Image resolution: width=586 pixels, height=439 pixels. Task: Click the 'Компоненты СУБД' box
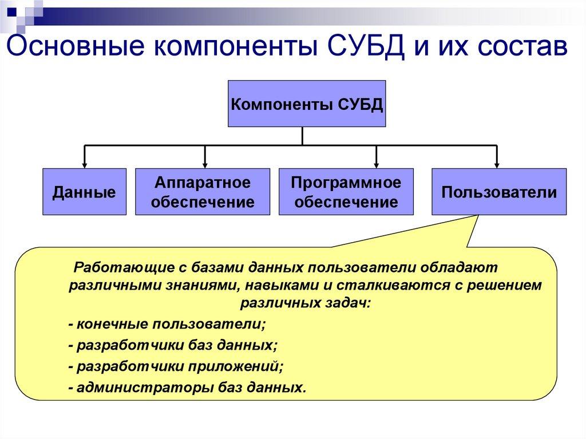(x=307, y=104)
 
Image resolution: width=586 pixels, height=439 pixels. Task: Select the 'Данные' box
(x=84, y=192)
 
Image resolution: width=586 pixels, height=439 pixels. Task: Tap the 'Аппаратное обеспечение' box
(x=202, y=192)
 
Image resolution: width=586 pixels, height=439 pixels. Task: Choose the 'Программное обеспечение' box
(x=346, y=192)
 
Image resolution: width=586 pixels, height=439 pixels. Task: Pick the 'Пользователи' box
(x=499, y=192)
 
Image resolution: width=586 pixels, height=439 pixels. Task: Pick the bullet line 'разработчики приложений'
(x=176, y=366)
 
